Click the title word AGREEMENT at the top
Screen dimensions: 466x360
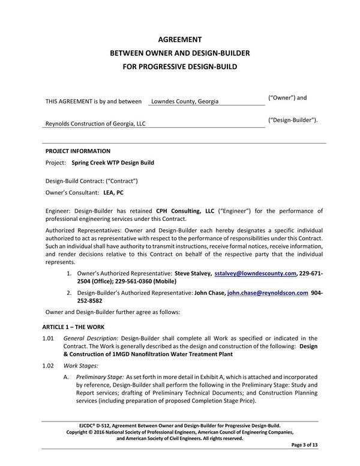[180, 40]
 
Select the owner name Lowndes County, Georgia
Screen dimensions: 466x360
[184, 101]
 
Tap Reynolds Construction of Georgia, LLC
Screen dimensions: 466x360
[95, 124]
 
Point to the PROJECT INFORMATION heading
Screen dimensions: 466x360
[77, 151]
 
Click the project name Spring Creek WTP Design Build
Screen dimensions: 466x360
[113, 163]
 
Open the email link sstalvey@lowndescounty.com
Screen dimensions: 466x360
[256, 274]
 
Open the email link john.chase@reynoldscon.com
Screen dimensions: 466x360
[268, 293]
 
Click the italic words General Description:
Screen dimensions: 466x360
[91, 339]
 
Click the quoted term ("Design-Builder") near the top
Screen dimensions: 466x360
[292, 120]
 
